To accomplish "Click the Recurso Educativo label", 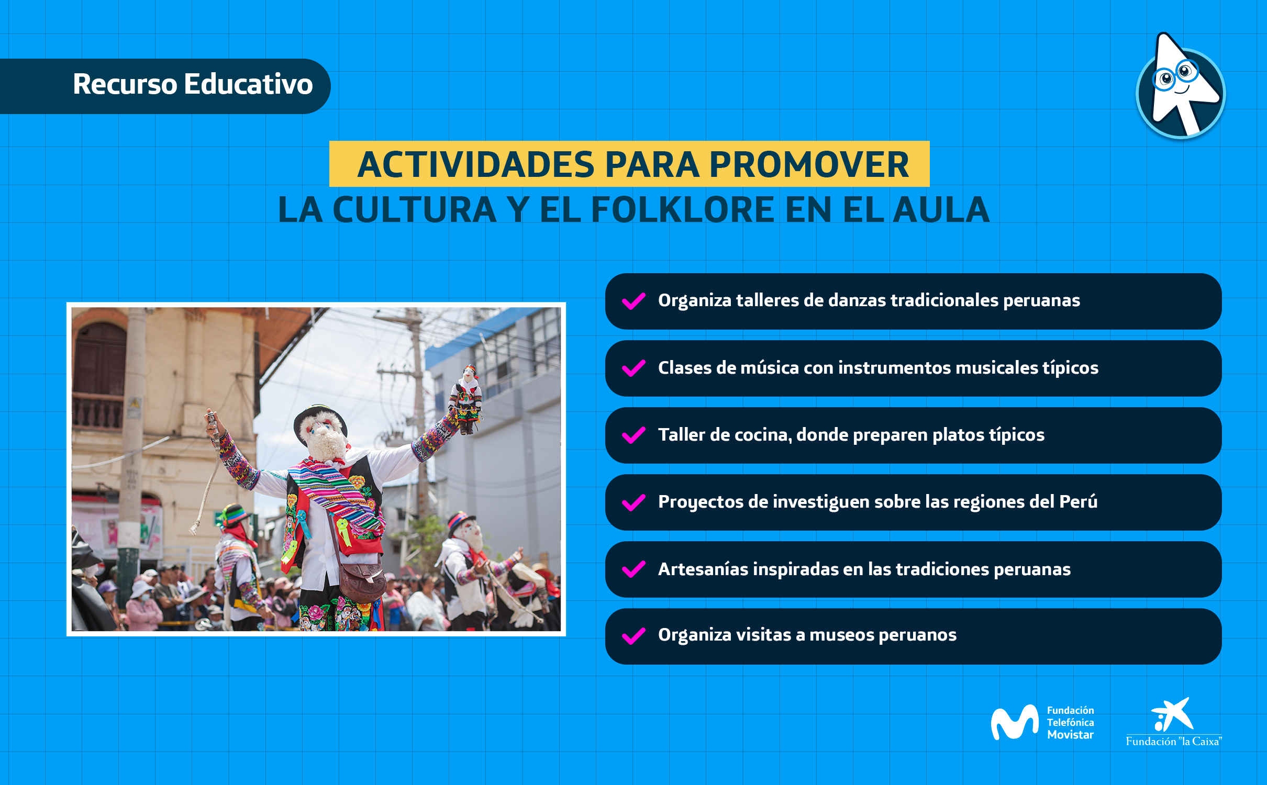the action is [193, 84].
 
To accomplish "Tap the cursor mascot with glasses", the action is [1180, 86].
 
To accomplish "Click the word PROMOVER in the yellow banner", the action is [809, 164].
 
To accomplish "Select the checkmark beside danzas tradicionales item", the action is [633, 301].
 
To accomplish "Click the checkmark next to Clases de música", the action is [633, 368].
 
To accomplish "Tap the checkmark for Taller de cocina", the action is [633, 435].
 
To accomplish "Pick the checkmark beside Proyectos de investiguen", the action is [633, 502].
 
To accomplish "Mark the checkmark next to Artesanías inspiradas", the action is [633, 569].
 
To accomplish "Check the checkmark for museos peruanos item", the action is [633, 636].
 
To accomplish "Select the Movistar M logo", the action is [1014, 722].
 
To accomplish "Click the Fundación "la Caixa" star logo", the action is [1173, 714].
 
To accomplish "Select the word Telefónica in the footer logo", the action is [1070, 722].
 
